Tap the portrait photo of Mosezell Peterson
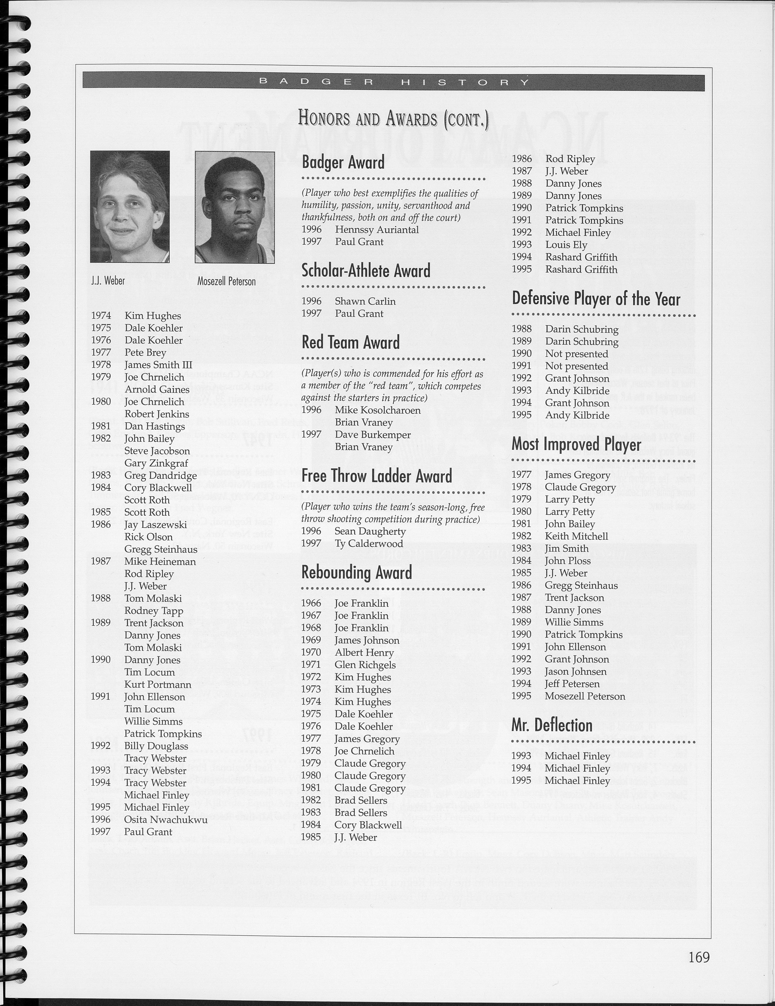pos(235,207)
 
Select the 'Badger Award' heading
pos(343,163)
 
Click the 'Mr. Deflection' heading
pos(551,726)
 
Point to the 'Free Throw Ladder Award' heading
pos(377,476)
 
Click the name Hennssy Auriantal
pos(377,229)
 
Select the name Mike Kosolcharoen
pos(377,410)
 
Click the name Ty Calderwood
pos(369,543)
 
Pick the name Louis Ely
pos(566,244)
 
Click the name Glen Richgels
pos(365,665)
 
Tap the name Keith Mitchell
pos(576,536)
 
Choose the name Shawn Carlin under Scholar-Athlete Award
pos(365,301)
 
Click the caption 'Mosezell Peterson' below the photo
pos(226,281)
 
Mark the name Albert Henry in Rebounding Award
pos(364,653)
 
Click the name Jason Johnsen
pos(575,672)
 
